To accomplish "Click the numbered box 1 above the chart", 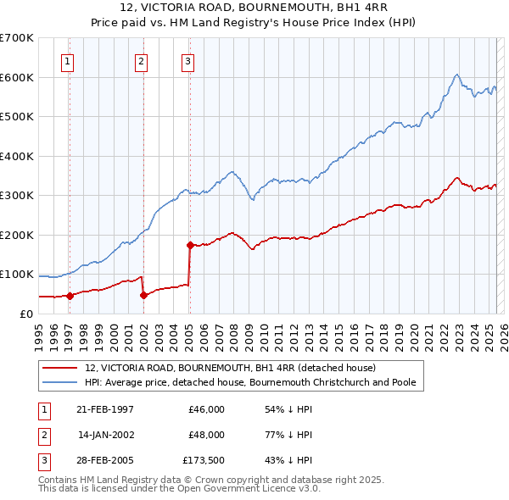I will (x=67, y=60).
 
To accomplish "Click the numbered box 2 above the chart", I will (x=141, y=60).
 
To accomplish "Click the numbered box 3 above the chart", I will (x=187, y=60).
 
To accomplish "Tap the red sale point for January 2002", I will (x=143, y=295).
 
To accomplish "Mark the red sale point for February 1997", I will (x=70, y=296).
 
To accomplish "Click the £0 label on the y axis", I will (x=27, y=314).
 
